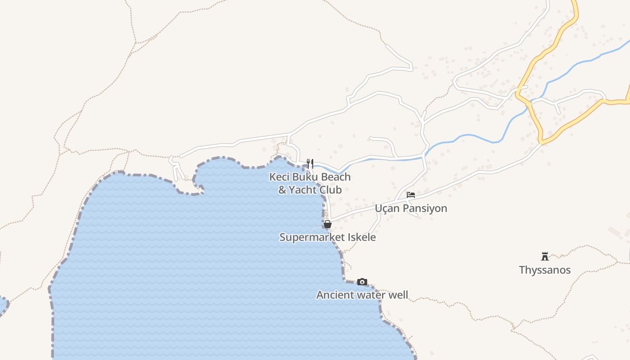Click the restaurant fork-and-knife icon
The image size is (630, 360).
pos(310,163)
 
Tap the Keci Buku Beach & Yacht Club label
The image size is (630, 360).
pos(310,183)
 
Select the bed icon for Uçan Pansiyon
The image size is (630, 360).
pos(410,195)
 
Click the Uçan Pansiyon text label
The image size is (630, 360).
pos(411,208)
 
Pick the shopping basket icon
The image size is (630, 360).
pos(328,224)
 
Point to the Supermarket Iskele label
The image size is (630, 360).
pos(328,237)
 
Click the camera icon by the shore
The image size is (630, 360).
pos(362,282)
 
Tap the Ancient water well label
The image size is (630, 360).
pos(362,295)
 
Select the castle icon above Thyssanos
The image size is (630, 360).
pos(545,256)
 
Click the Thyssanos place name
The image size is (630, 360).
pos(544,270)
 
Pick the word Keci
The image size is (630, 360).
pos(279,177)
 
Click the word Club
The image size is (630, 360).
pos(331,190)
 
